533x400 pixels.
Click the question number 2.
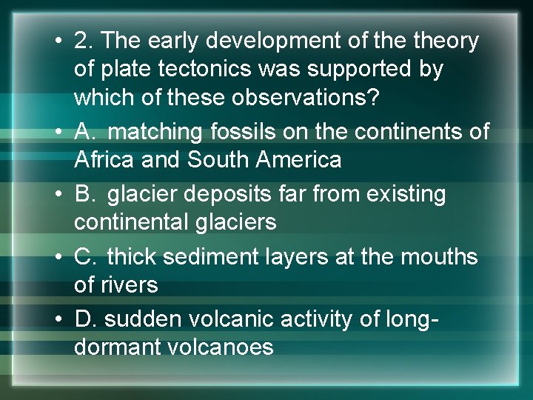pyautogui.click(x=82, y=41)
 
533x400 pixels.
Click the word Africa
pyautogui.click(x=103, y=159)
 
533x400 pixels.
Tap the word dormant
pyautogui.click(x=114, y=346)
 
